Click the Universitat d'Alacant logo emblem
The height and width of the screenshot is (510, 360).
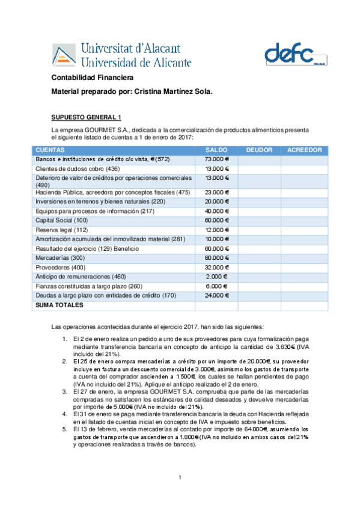coord(63,55)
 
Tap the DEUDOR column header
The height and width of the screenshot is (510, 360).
coord(259,150)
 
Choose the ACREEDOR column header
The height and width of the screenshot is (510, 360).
coord(305,150)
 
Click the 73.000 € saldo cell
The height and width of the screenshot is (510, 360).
coord(216,159)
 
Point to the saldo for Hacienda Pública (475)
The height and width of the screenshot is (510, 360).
coord(216,192)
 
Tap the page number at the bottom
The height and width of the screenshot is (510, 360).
coord(180,478)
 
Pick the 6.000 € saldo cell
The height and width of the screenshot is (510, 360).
coord(216,286)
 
